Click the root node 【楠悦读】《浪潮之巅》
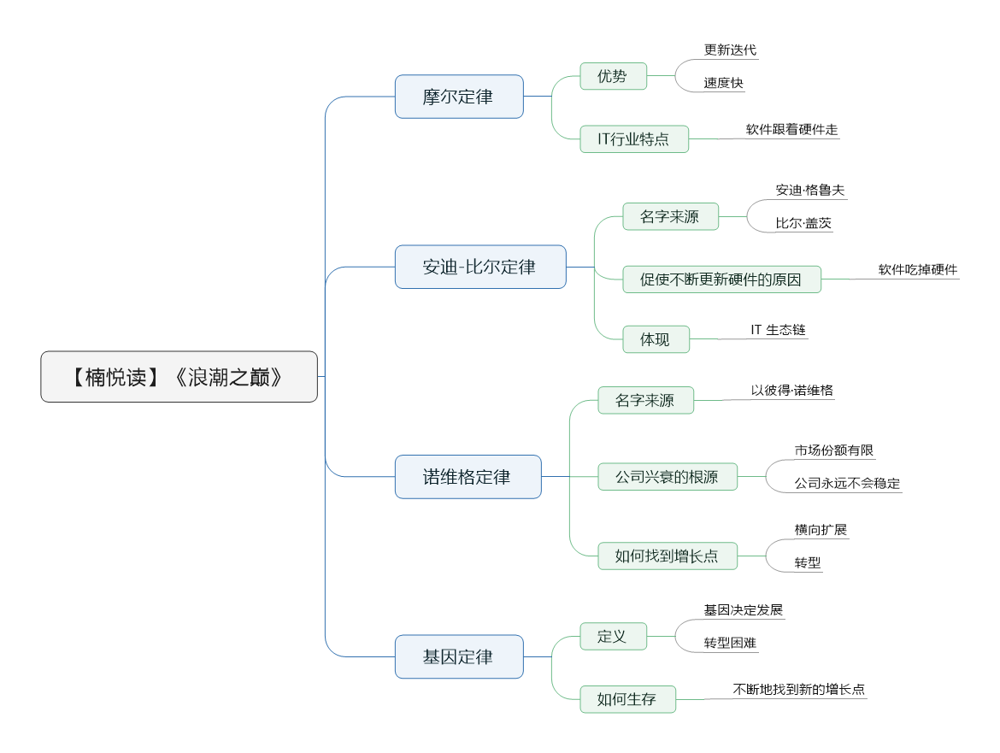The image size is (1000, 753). (x=179, y=377)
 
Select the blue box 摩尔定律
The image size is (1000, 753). (x=459, y=97)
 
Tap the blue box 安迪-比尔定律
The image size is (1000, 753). (x=480, y=268)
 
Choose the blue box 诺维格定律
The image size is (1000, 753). (x=468, y=477)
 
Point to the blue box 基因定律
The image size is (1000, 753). (x=459, y=656)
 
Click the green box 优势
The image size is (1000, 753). (x=613, y=76)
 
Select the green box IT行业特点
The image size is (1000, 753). (x=634, y=139)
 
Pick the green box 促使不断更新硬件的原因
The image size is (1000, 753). (x=721, y=279)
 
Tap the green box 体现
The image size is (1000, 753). (x=656, y=339)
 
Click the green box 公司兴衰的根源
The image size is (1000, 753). (x=667, y=477)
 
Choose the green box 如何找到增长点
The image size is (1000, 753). (x=667, y=556)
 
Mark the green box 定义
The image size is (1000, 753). (x=613, y=636)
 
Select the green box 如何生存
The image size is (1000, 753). (x=627, y=699)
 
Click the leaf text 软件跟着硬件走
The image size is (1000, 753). (x=791, y=129)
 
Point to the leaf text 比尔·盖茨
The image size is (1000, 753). (x=803, y=223)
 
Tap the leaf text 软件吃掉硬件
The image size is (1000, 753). (x=918, y=270)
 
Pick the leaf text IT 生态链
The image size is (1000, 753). (x=778, y=330)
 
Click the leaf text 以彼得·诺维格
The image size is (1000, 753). (x=792, y=391)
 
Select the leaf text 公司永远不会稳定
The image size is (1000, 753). (x=847, y=483)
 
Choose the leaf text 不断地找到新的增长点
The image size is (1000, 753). (x=799, y=689)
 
